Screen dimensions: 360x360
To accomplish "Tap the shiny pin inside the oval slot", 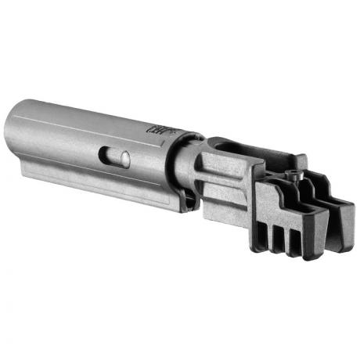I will tap(121, 157).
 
